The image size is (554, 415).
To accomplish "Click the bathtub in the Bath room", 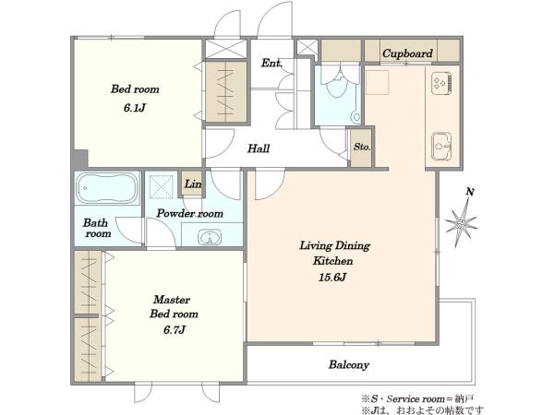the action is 107,188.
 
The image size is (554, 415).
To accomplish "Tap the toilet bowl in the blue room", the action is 338,86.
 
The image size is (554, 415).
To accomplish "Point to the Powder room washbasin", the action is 210,237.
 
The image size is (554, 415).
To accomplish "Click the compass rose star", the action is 461,222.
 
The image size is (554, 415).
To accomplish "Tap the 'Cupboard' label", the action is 407,53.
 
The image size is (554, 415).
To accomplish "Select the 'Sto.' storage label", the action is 362,147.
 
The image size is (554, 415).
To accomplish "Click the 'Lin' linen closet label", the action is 193,184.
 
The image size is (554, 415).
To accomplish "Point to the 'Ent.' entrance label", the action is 271,63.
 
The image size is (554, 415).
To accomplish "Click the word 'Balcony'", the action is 349,364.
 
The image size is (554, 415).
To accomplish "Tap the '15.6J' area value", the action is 332,277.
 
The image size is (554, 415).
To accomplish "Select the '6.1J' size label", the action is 135,108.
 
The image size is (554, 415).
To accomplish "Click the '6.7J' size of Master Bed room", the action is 175,330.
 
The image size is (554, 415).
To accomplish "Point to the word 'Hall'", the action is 259,148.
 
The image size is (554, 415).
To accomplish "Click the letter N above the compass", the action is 470,192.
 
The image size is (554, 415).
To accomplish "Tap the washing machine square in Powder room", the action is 161,184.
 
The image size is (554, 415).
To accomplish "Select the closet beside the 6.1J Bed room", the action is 226,92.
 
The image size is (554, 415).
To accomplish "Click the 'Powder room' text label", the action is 189,213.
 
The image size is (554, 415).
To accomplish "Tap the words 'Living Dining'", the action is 334,245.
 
